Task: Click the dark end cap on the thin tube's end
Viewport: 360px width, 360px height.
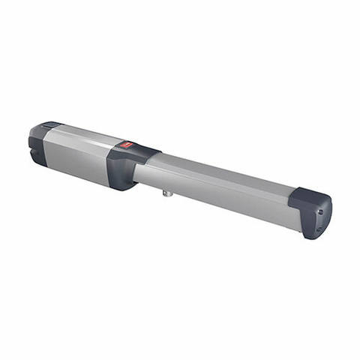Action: [x=311, y=211]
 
